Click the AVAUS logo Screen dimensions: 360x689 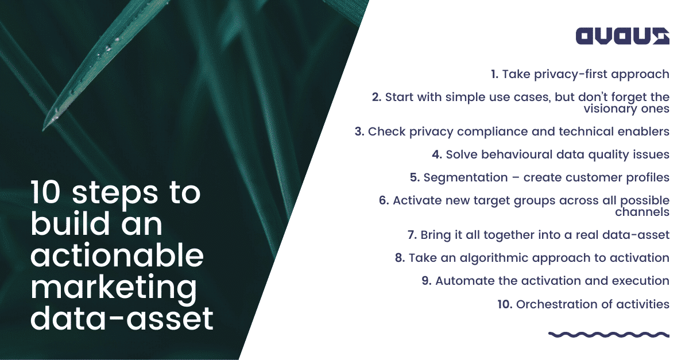[x=622, y=36]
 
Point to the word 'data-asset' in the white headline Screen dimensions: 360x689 [x=122, y=319]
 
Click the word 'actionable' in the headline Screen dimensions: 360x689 [x=117, y=256]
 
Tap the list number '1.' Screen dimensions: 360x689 [x=494, y=74]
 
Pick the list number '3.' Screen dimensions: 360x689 [x=359, y=131]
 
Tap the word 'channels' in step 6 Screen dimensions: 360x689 [x=642, y=212]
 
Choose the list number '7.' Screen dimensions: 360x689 [x=411, y=235]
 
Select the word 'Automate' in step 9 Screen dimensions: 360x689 [x=463, y=281]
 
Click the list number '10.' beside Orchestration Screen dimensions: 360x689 [x=505, y=304]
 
